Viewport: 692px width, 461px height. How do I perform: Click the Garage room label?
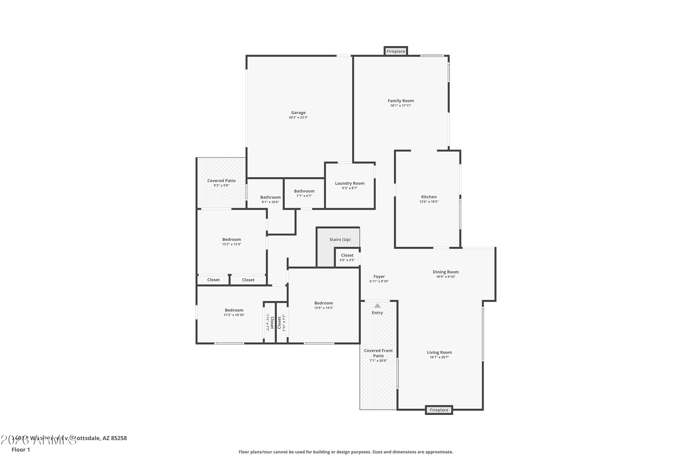coord(298,113)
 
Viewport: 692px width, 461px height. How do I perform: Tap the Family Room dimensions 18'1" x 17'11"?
coord(400,106)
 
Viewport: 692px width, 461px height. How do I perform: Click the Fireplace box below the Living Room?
coord(439,410)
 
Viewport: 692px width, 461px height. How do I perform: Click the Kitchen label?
coord(429,197)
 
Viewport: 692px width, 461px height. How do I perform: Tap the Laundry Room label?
coord(349,183)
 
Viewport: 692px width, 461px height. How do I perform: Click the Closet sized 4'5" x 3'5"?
coord(347,255)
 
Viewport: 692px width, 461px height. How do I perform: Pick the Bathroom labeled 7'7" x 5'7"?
coord(304,191)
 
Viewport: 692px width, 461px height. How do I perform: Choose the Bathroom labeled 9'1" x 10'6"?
coord(270,198)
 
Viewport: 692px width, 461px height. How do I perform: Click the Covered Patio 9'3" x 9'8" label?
coord(221,181)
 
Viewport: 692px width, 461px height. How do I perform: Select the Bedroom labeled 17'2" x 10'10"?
coord(234,310)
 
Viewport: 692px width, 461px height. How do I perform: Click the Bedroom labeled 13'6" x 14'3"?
coord(323,303)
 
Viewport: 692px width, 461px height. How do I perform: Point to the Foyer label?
coord(379,277)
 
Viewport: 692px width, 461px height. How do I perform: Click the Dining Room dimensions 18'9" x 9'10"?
coord(445,277)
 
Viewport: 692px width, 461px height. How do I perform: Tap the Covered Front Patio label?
coord(378,353)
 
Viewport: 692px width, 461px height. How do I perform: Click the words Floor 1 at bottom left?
coord(21,449)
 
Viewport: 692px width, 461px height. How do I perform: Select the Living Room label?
coord(439,352)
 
